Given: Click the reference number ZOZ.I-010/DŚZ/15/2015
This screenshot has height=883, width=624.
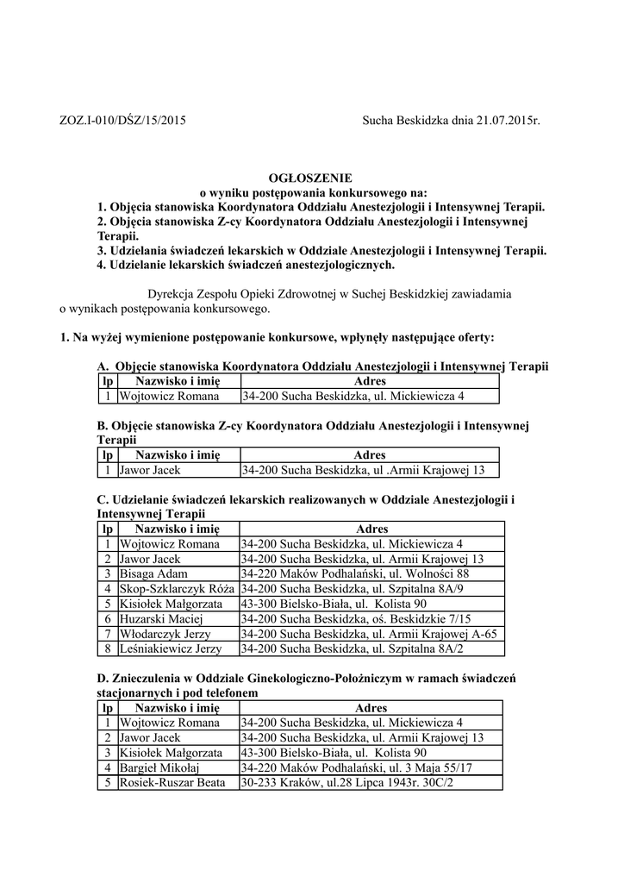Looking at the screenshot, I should (122, 121).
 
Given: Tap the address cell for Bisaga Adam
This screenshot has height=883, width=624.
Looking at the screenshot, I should (355, 573).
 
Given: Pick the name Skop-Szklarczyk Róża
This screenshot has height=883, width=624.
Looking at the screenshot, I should (171, 588).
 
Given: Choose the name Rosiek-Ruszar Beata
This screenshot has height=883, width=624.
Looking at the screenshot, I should (172, 783).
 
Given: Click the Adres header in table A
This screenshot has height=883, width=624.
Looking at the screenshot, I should (370, 381).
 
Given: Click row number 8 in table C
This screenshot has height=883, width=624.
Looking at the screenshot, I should (108, 648).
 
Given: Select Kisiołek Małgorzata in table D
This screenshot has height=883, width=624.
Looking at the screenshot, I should (171, 753).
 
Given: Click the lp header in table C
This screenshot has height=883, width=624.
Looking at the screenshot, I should (108, 529).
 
